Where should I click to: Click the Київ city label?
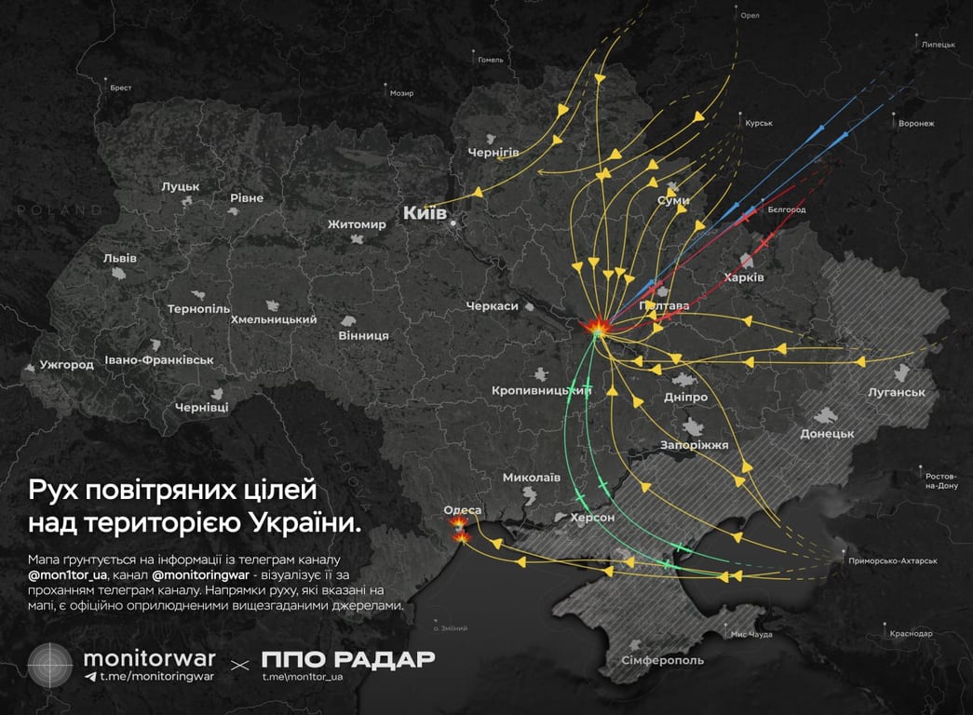tap(425, 214)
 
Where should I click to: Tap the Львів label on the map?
tap(120, 258)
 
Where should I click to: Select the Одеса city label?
tap(463, 510)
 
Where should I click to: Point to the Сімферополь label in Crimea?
tap(663, 660)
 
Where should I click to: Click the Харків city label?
tap(744, 277)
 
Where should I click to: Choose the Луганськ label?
tap(896, 393)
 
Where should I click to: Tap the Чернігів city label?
tap(493, 152)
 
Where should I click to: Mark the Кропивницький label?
tap(542, 391)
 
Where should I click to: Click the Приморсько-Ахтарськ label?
tap(893, 561)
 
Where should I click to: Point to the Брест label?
tap(121, 88)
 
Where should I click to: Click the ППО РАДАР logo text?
tap(347, 659)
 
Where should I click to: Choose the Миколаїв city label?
tap(531, 478)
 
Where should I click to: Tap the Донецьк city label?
tap(827, 434)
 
